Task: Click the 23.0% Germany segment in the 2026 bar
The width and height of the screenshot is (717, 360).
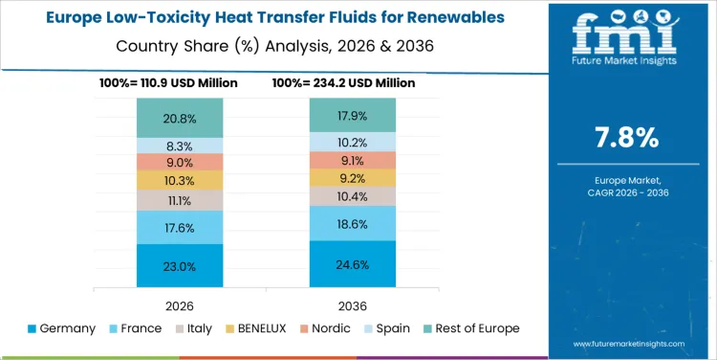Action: pyautogui.click(x=180, y=265)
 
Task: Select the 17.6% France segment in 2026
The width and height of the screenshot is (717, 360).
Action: pyautogui.click(x=180, y=227)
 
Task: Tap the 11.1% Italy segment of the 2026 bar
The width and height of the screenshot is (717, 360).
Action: pyautogui.click(x=180, y=200)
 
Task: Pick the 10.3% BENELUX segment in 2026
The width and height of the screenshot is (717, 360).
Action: pyautogui.click(x=180, y=180)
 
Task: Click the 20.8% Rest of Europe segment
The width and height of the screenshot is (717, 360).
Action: pyautogui.click(x=180, y=118)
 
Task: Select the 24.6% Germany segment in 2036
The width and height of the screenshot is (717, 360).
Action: pyautogui.click(x=352, y=263)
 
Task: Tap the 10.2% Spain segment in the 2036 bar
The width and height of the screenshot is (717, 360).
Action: pyautogui.click(x=352, y=142)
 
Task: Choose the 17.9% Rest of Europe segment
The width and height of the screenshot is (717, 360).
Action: pyautogui.click(x=352, y=115)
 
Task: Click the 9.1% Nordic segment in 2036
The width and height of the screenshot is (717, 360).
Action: pyautogui.click(x=352, y=160)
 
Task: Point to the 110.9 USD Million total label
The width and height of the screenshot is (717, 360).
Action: pyautogui.click(x=168, y=83)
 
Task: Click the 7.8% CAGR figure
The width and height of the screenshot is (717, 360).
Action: pyautogui.click(x=626, y=138)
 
